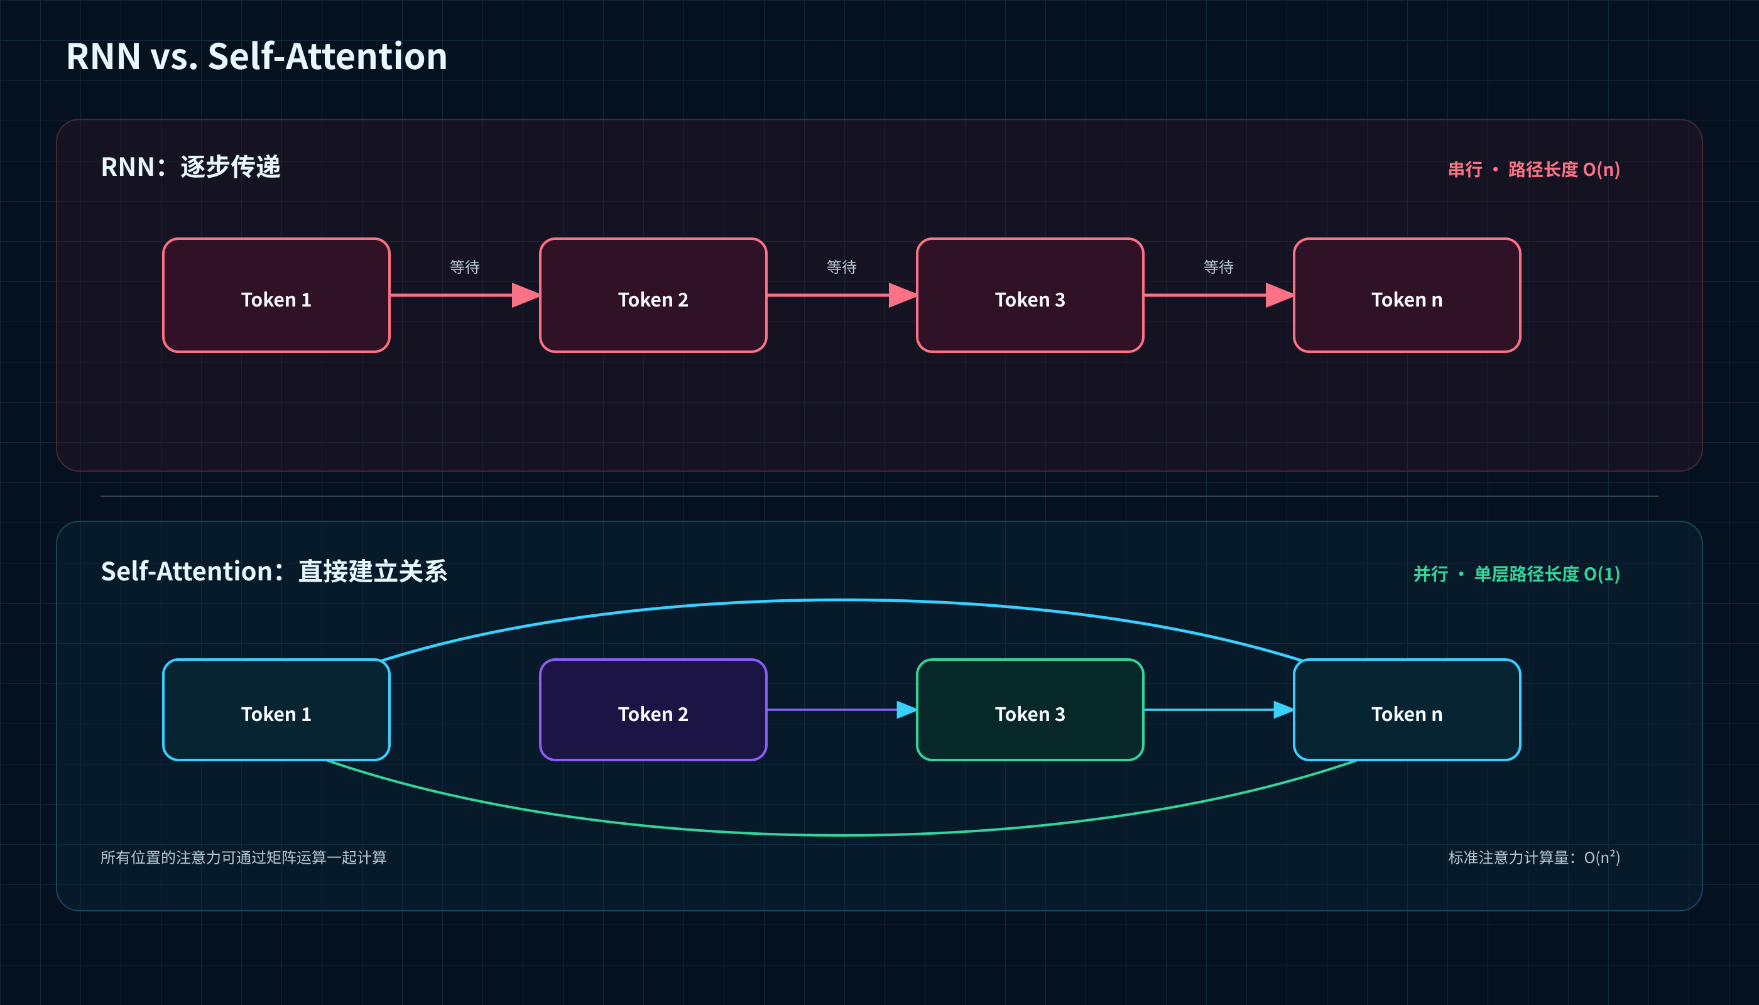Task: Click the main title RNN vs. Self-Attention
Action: [x=257, y=56]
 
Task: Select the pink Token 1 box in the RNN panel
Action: [x=276, y=295]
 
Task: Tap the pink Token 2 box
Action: [x=653, y=295]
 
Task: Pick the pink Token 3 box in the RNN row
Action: [x=1030, y=295]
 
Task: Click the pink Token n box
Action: [x=1407, y=295]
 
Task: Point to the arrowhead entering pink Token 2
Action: [x=526, y=295]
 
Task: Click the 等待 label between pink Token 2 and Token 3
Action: [x=842, y=267]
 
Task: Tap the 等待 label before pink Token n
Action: [x=1219, y=267]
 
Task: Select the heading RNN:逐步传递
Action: [x=190, y=167]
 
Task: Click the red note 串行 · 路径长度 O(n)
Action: [x=1534, y=169]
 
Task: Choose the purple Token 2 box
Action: [x=653, y=710]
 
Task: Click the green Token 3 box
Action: [x=1030, y=710]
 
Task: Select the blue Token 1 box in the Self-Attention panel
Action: [x=276, y=710]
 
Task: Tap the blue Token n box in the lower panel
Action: [x=1407, y=710]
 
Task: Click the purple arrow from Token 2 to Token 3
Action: [x=842, y=710]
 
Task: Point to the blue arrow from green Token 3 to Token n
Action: [x=1219, y=710]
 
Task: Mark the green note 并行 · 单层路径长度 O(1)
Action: [x=1517, y=573]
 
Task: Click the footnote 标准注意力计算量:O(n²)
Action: [x=1534, y=857]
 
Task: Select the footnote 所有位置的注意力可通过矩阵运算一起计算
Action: [x=244, y=857]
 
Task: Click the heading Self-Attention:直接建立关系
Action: [x=274, y=572]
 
